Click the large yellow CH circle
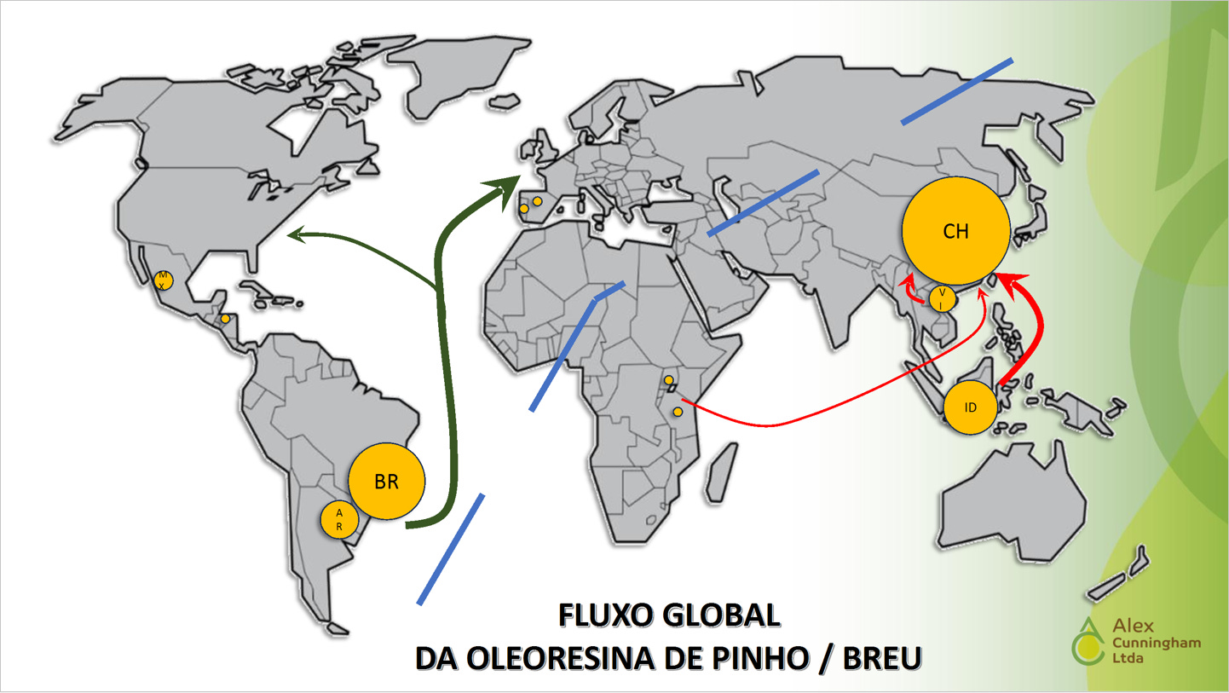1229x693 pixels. (955, 231)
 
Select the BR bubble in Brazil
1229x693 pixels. (387, 481)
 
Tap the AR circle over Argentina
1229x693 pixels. (338, 520)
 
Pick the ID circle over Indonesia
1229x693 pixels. (970, 407)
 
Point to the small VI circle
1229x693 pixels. (942, 298)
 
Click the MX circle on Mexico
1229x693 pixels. (162, 280)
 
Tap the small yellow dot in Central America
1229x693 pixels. (225, 319)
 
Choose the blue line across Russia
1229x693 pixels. (956, 91)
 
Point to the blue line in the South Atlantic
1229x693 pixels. (451, 549)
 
